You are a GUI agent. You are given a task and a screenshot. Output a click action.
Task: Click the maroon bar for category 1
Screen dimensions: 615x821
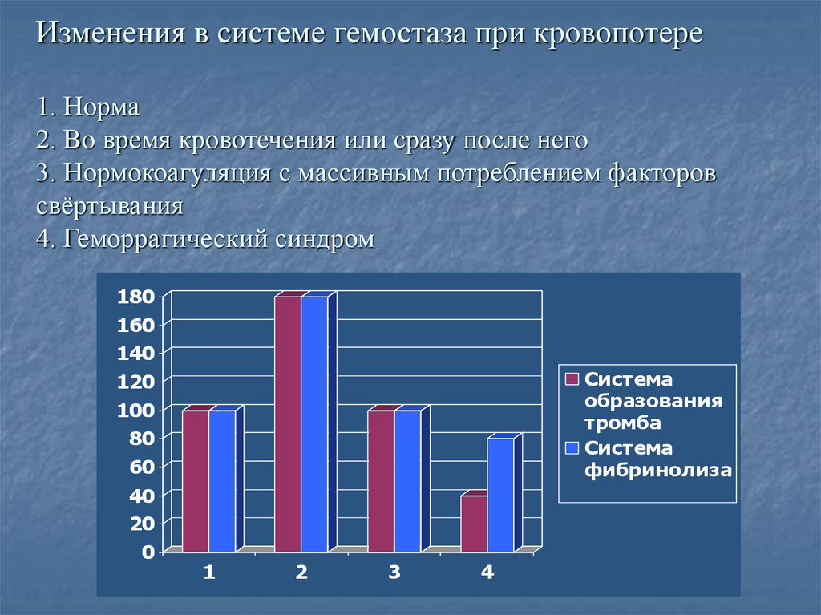195,481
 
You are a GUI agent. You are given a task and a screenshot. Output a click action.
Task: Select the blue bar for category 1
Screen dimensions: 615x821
222,481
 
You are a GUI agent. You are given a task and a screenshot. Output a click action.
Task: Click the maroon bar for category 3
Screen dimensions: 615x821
381,481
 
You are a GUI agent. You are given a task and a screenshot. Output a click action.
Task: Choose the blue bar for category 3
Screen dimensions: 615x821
407,481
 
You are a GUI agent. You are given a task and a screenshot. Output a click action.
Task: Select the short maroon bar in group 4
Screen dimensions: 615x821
474,524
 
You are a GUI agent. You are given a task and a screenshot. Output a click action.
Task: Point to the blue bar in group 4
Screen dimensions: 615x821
500,495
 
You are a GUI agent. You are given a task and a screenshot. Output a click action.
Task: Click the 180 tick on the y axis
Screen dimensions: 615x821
135,297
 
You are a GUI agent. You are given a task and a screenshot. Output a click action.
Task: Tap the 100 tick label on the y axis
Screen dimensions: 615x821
135,410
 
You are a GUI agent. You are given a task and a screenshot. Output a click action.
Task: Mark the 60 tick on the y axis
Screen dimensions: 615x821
140,467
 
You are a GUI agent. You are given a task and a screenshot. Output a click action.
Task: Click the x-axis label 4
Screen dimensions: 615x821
487,573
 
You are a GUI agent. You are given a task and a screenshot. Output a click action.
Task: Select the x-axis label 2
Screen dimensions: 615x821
301,573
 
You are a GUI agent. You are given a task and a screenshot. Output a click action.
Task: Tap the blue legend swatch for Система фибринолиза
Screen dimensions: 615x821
572,449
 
